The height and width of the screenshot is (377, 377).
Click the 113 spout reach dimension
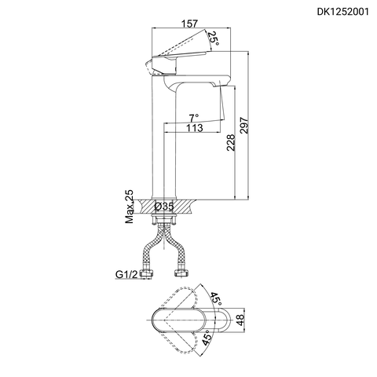pyautogui.click(x=196, y=129)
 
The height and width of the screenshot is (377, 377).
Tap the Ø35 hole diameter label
pyautogui.click(x=165, y=206)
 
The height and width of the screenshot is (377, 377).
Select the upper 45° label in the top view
pyautogui.click(x=214, y=300)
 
